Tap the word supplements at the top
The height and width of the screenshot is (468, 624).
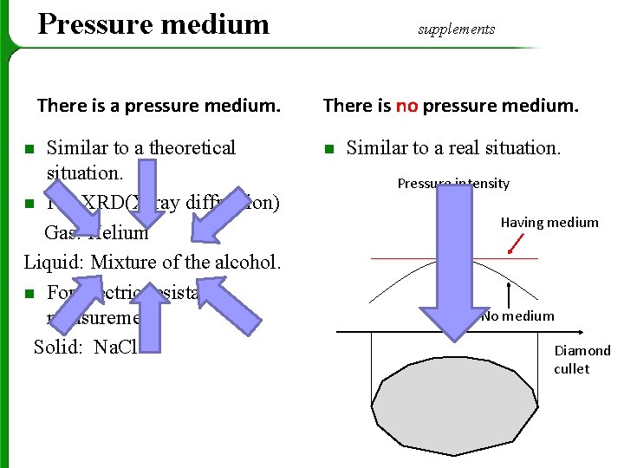456,29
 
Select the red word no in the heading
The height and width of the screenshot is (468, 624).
406,106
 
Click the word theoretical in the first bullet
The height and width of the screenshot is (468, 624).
192,147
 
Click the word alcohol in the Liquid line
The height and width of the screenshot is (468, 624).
246,262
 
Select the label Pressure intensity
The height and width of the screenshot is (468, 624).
452,183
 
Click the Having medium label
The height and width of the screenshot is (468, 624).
549,223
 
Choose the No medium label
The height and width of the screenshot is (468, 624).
517,315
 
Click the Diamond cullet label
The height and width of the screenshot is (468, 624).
582,360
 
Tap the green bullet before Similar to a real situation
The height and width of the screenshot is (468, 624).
328,149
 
